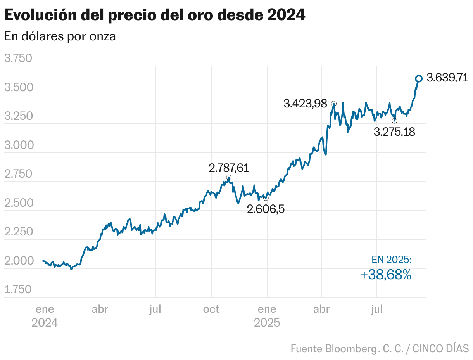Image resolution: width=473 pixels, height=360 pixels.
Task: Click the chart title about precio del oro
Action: pyautogui.click(x=154, y=15)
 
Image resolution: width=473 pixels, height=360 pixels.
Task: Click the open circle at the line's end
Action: pyautogui.click(x=419, y=79)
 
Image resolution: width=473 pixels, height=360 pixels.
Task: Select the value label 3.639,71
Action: pyautogui.click(x=447, y=78)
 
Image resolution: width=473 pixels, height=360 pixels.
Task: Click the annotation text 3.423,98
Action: pyautogui.click(x=305, y=104)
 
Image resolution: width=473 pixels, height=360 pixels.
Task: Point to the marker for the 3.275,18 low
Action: pyautogui.click(x=395, y=121)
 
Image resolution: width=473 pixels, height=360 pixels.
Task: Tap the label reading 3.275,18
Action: pyautogui.click(x=394, y=132)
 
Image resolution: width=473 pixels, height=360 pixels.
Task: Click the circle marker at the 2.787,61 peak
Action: pyautogui.click(x=229, y=177)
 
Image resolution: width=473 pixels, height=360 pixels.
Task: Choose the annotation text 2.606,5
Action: pyautogui.click(x=266, y=209)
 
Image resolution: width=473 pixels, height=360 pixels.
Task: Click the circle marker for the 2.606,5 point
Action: pyautogui.click(x=266, y=198)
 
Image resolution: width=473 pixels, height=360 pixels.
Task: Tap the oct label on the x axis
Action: pyautogui.click(x=211, y=309)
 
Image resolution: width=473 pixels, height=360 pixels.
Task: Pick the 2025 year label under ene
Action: pyautogui.click(x=267, y=323)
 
